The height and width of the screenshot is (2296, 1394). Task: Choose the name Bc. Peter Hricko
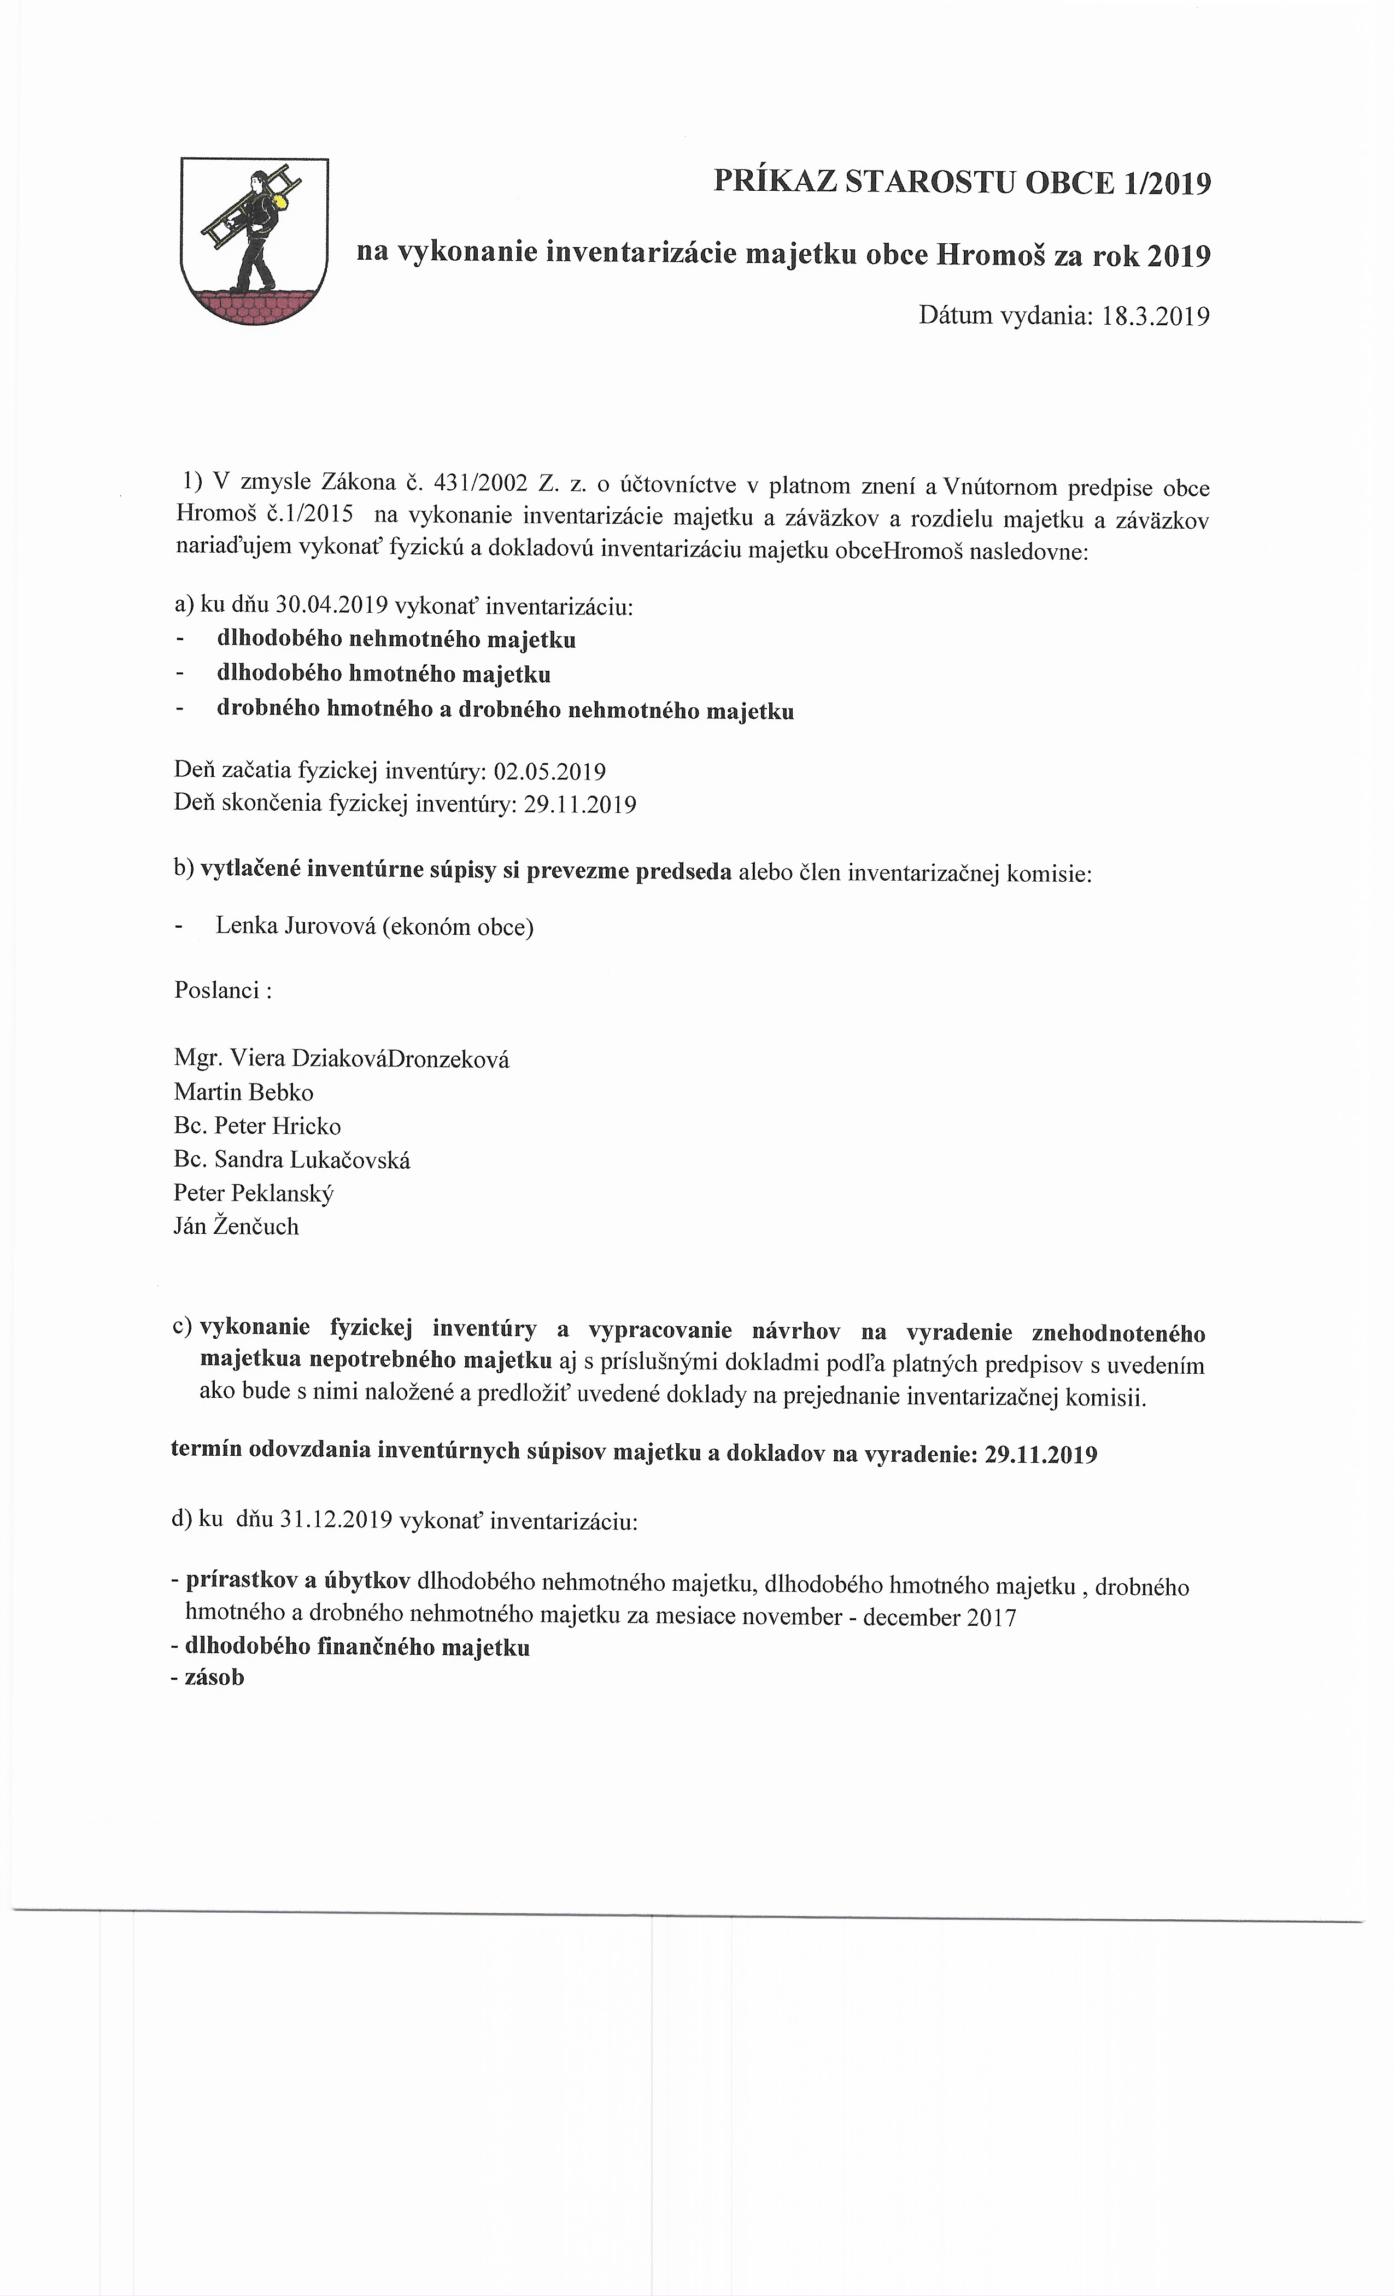(257, 1126)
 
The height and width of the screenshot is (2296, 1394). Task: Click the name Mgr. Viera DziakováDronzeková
(341, 1058)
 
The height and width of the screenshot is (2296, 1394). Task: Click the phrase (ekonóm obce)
(456, 927)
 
